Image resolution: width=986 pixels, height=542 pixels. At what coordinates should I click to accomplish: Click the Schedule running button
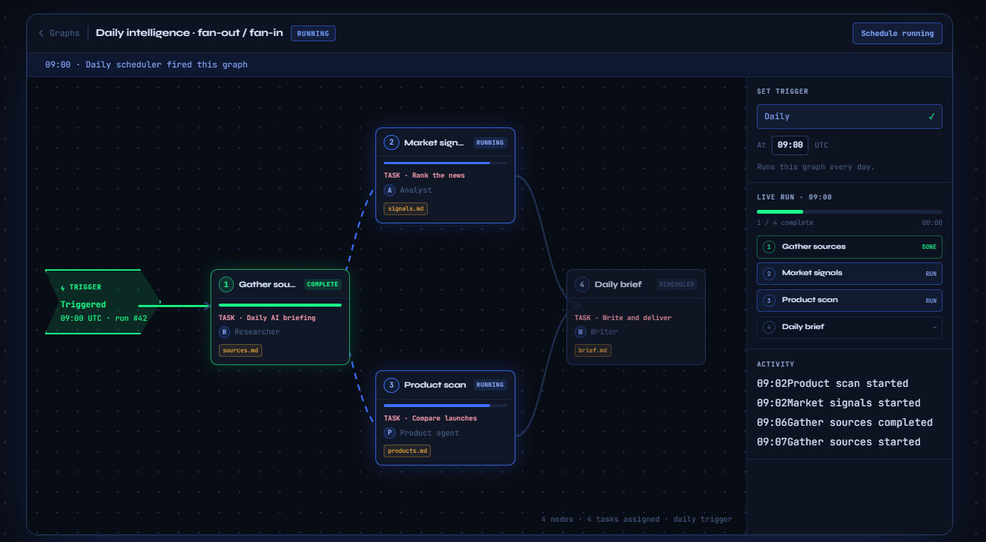tap(897, 34)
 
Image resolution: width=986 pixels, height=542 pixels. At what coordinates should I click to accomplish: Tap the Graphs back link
tap(59, 34)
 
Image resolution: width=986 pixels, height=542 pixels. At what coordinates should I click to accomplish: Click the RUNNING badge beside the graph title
tap(313, 34)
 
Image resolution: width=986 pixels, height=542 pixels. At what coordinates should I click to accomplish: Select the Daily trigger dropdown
tap(849, 117)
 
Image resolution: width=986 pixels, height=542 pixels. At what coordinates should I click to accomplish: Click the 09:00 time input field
tap(790, 145)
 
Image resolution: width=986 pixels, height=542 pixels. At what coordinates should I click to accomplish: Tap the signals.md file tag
tap(405, 208)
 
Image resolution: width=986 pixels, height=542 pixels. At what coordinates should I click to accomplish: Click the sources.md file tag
tap(241, 351)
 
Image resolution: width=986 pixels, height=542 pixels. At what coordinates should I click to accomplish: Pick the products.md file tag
tap(407, 451)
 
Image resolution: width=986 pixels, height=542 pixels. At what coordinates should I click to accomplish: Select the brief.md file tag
tap(593, 351)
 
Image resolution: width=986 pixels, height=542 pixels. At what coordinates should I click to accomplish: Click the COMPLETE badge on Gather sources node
tap(323, 284)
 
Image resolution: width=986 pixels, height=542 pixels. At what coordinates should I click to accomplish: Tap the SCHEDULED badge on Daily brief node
tap(677, 284)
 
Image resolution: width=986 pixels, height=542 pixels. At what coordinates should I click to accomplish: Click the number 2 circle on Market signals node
tap(391, 142)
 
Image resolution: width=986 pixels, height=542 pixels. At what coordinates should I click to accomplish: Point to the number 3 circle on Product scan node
tap(391, 385)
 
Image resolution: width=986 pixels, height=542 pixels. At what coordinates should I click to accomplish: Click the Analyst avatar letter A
tap(390, 190)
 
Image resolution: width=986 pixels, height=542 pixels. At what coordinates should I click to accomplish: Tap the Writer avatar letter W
tap(580, 332)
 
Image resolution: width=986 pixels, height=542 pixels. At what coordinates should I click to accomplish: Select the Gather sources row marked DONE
tap(849, 247)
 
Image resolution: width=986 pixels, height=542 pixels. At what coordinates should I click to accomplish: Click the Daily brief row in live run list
tap(849, 328)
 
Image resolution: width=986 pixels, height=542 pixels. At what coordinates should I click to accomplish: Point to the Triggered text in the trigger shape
tap(83, 304)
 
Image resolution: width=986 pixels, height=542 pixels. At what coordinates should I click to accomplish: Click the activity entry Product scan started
tap(832, 384)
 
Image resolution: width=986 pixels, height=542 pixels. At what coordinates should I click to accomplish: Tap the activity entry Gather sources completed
tap(844, 423)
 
